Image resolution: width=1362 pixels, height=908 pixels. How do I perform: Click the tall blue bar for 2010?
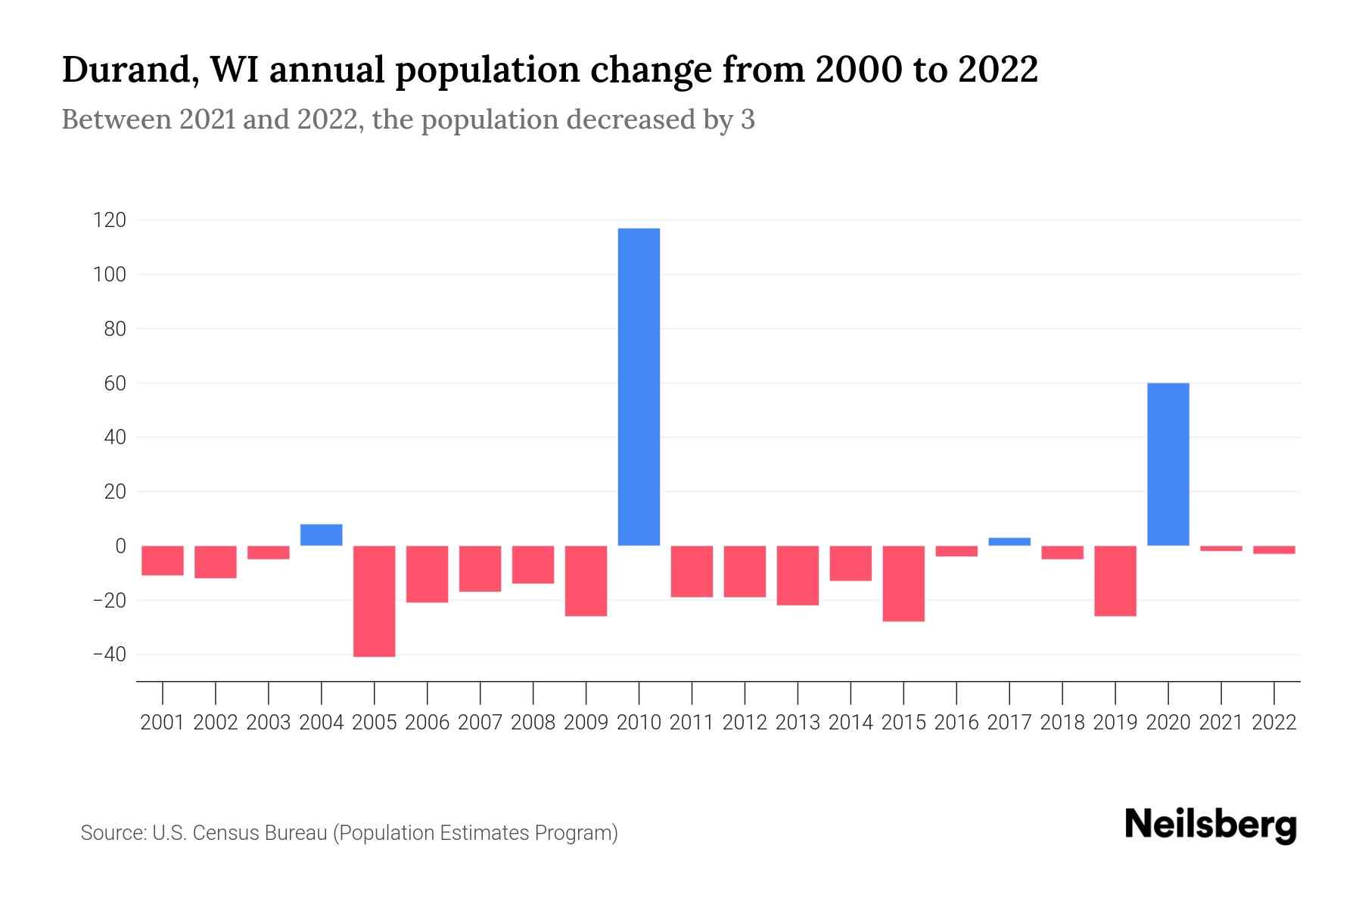(x=639, y=387)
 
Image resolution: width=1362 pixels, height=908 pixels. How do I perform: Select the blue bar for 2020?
(x=1168, y=464)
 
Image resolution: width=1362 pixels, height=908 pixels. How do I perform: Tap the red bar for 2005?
(x=375, y=601)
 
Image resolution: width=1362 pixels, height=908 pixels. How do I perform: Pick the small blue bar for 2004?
(x=322, y=534)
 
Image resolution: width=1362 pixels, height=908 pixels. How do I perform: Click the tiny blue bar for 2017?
(x=1009, y=542)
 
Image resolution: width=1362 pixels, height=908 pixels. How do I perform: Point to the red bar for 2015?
(x=903, y=583)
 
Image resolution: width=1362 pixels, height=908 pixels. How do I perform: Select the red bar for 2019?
(x=1115, y=580)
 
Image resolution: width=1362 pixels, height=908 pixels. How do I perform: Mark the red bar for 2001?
(x=163, y=561)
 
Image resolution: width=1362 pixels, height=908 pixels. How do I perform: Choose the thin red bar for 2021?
(x=1221, y=549)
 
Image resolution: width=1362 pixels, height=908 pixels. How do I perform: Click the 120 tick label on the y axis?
(x=109, y=220)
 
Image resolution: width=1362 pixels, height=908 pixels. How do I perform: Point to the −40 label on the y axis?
(x=109, y=655)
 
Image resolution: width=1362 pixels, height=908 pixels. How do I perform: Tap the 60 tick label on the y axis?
(x=115, y=384)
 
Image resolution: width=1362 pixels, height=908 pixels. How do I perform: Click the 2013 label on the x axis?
(x=798, y=723)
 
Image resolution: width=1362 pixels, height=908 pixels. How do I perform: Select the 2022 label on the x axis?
(x=1274, y=723)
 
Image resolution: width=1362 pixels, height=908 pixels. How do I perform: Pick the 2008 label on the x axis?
(x=533, y=723)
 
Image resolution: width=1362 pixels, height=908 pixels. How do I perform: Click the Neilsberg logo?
(x=1211, y=825)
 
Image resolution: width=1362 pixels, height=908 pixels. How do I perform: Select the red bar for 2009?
(x=586, y=580)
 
